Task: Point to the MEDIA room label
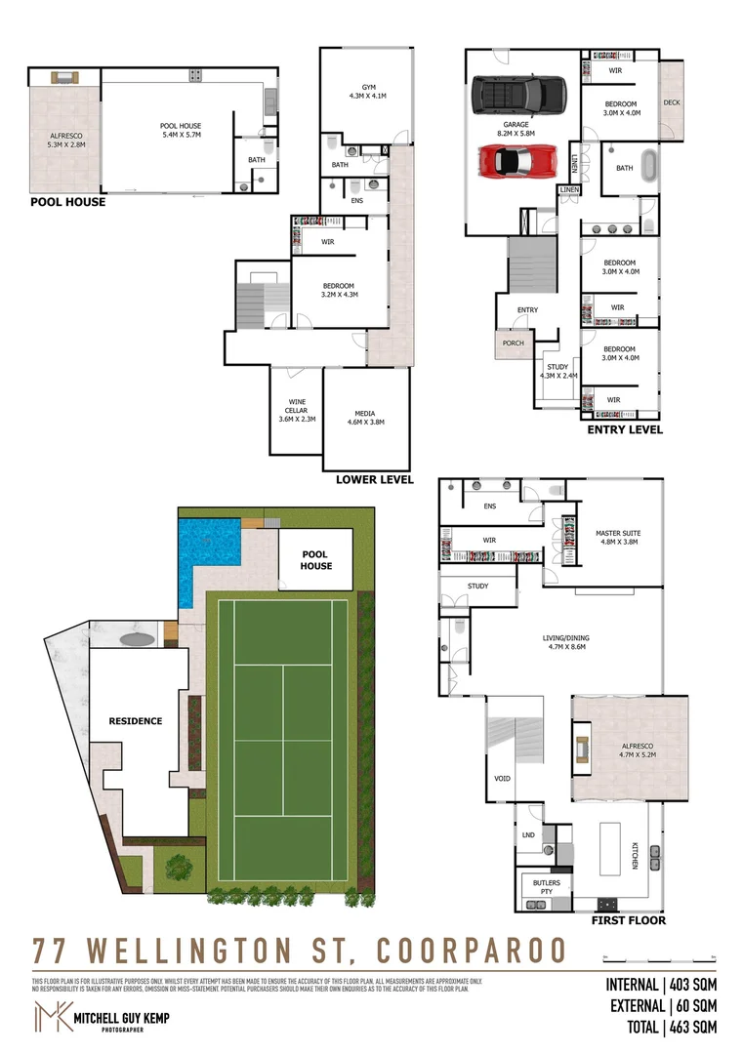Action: pyautogui.click(x=366, y=417)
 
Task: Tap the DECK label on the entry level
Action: pyautogui.click(x=672, y=102)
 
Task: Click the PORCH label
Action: pyautogui.click(x=513, y=343)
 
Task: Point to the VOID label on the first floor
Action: pyautogui.click(x=502, y=779)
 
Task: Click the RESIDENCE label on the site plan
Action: pyautogui.click(x=136, y=721)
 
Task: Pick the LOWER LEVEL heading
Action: pyautogui.click(x=375, y=480)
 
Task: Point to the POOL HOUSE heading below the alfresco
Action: pyautogui.click(x=68, y=203)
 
